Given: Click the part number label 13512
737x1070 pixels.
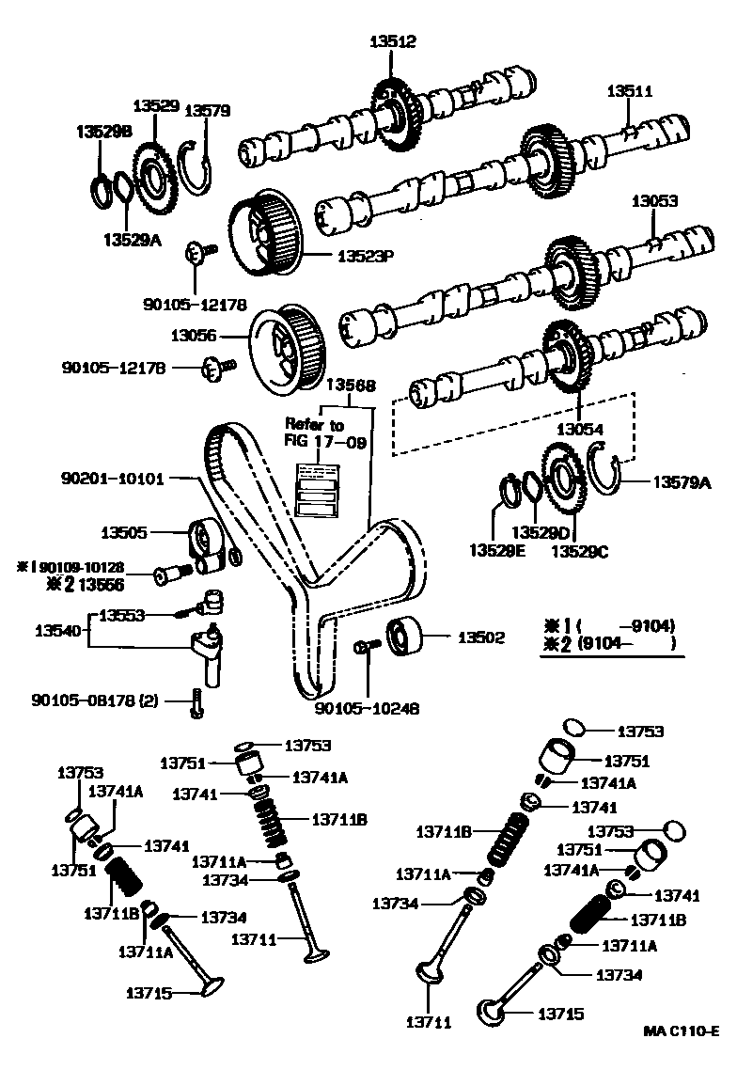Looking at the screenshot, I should (x=393, y=41).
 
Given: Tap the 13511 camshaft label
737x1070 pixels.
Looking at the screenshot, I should (x=628, y=91).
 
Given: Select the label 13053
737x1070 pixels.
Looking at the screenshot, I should (x=653, y=201).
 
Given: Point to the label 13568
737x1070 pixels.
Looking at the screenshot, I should (x=351, y=386).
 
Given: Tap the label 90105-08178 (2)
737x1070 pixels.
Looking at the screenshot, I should (x=95, y=700).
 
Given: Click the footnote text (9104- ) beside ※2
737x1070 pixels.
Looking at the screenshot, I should (x=624, y=644).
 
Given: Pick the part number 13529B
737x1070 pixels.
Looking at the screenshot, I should (x=102, y=133).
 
